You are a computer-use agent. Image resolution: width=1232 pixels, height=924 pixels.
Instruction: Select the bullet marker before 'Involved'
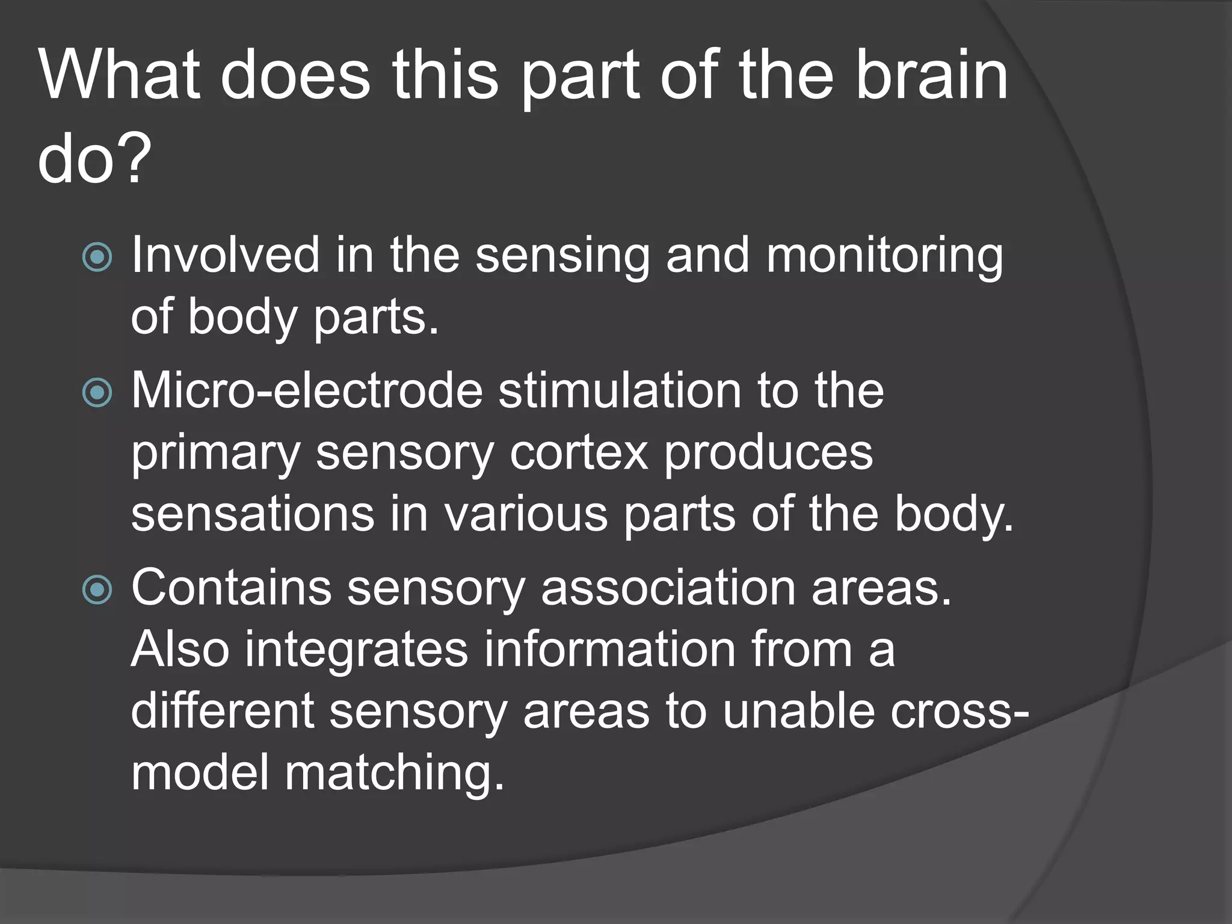[x=97, y=257]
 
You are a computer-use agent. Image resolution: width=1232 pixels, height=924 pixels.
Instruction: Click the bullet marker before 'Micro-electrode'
[x=97, y=393]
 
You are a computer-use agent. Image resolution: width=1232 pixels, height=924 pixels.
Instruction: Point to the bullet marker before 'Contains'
[x=97, y=590]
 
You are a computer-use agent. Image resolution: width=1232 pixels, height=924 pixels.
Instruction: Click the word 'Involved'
[x=225, y=255]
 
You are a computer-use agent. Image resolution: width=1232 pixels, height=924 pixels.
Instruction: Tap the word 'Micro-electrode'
[x=307, y=391]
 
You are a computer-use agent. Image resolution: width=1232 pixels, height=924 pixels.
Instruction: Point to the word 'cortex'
[x=579, y=452]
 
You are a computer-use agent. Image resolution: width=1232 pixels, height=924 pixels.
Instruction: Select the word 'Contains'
[x=231, y=588]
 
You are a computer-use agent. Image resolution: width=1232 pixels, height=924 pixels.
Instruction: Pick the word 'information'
[x=611, y=650]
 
